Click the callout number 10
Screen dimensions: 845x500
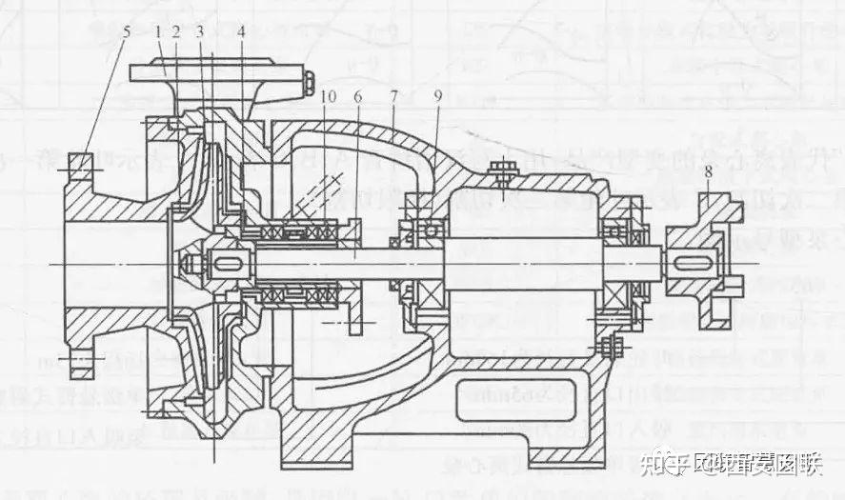(x=328, y=96)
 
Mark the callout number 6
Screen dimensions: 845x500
(x=358, y=96)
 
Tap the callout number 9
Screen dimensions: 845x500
(x=438, y=96)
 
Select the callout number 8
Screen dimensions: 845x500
(x=709, y=174)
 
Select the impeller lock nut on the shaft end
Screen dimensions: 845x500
(x=191, y=262)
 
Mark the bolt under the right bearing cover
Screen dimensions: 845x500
(x=609, y=347)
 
